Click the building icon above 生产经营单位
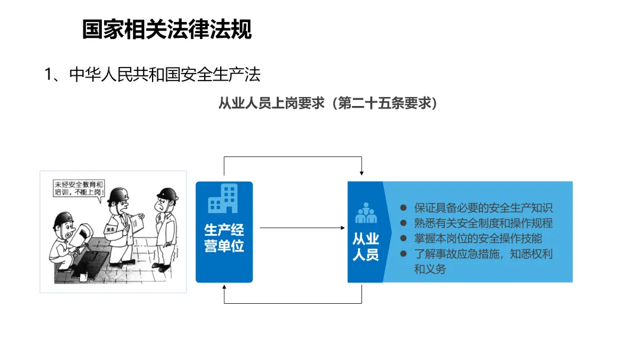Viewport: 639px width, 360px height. (223, 198)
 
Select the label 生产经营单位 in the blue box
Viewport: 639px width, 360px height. (224, 238)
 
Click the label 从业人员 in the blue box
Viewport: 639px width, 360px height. (366, 247)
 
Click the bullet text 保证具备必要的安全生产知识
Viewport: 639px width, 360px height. (483, 208)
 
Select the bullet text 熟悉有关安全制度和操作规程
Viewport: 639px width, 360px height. (483, 223)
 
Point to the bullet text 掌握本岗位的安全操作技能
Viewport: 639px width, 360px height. (477, 239)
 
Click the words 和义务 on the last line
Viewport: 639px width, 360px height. (430, 269)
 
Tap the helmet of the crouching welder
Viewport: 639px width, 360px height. (62, 220)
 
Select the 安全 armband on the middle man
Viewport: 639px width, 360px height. (111, 229)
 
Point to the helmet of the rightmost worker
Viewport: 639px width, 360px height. (167, 194)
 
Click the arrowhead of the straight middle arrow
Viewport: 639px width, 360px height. (343, 227)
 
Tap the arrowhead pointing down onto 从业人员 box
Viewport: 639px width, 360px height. (362, 173)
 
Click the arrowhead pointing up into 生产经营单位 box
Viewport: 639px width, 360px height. (224, 288)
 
